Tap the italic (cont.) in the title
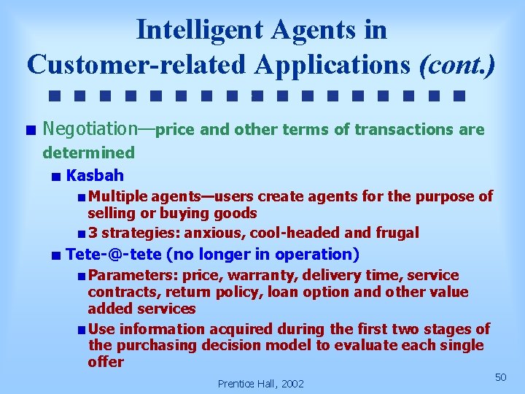point(457,64)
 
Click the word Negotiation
point(90,129)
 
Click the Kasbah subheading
point(95,175)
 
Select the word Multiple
point(117,196)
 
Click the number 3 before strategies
point(93,233)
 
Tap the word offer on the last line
point(106,362)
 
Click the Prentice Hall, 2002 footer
point(261,383)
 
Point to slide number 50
point(500,376)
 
